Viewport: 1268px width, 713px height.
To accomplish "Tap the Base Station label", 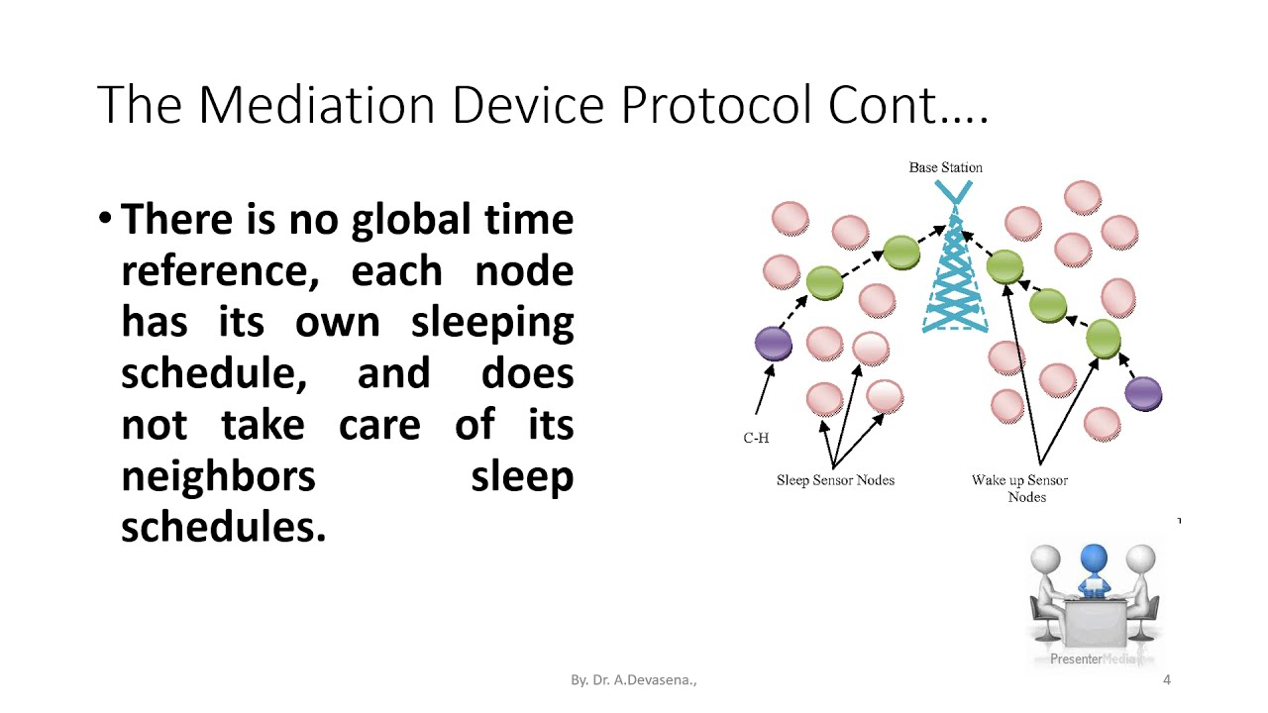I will (945, 167).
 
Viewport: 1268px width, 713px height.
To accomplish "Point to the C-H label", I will (756, 438).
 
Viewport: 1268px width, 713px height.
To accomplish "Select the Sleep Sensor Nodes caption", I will (835, 480).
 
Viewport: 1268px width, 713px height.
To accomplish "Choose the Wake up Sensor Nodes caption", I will (1019, 488).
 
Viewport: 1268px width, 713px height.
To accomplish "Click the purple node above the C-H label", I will (774, 344).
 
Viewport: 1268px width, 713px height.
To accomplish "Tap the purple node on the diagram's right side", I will (1143, 394).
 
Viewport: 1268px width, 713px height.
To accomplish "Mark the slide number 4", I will (1166, 680).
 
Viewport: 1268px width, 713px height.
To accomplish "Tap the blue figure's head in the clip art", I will (1094, 558).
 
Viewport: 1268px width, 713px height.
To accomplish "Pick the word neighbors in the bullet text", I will (218, 476).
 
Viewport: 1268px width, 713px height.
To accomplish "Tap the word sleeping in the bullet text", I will (492, 322).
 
